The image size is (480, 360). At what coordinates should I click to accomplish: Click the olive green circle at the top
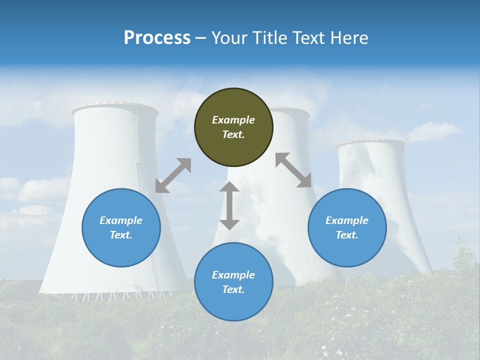click(x=233, y=127)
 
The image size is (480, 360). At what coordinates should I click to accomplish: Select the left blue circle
click(x=121, y=227)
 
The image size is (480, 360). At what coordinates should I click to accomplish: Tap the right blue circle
click(x=347, y=227)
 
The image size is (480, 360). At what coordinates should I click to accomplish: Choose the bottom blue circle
click(x=233, y=282)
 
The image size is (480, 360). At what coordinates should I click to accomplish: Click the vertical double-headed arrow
click(x=229, y=205)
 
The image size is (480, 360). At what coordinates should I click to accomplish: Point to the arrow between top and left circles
click(x=173, y=175)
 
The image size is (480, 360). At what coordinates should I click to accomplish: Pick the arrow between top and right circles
click(x=293, y=170)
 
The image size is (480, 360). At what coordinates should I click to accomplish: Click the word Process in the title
click(x=157, y=38)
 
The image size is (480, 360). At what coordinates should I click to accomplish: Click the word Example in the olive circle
click(x=233, y=120)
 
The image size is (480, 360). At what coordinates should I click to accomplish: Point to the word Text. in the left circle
click(x=121, y=235)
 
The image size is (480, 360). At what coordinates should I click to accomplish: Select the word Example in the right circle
click(x=347, y=220)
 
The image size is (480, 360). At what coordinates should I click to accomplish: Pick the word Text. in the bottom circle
click(x=233, y=289)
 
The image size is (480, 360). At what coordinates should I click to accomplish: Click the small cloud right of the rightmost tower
click(x=434, y=131)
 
